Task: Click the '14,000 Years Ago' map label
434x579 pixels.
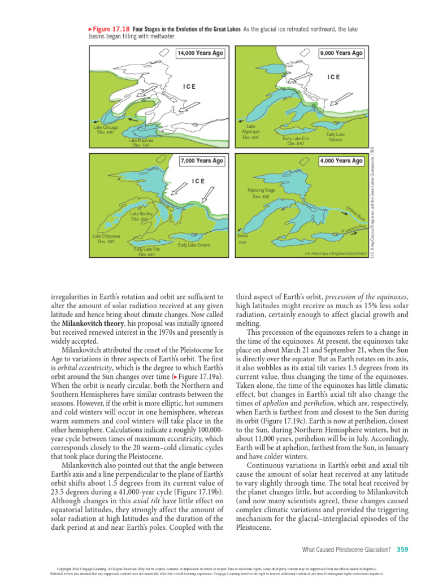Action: pos(200,53)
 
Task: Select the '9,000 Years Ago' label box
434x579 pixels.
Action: pos(341,53)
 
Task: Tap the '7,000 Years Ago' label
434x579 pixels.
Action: pos(202,161)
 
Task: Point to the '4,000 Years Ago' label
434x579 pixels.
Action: pos(341,161)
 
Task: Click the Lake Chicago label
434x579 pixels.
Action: pos(106,129)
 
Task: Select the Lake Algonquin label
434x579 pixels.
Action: pos(250,131)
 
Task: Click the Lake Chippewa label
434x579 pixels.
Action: pos(106,239)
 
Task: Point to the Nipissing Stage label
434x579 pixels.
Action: pos(261,193)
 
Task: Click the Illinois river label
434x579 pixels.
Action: pos(243,237)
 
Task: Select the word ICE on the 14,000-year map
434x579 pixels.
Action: pos(190,87)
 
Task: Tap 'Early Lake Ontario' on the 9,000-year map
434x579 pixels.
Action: pos(335,137)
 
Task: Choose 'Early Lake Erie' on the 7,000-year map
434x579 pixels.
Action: pos(146,252)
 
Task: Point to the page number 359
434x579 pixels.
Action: pos(402,549)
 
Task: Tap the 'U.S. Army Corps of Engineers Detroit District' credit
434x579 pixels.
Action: pos(336,253)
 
